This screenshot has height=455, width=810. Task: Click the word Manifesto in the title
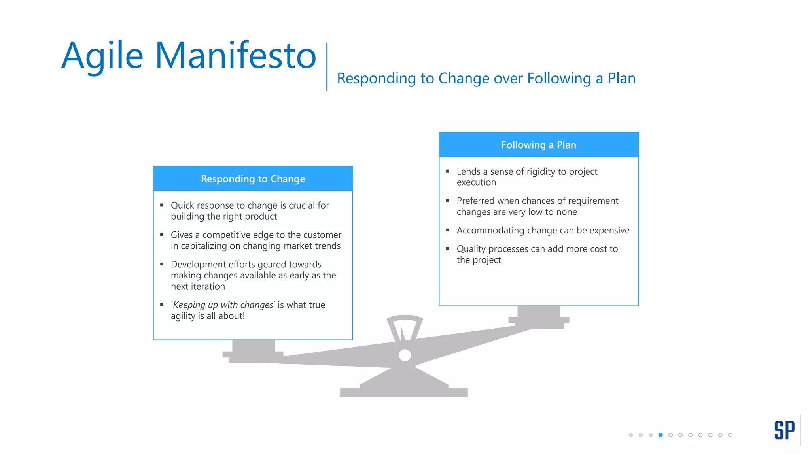pyautogui.click(x=236, y=55)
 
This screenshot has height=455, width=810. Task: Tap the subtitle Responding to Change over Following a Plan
pyautogui.click(x=486, y=78)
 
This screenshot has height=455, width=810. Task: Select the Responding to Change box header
pyautogui.click(x=253, y=179)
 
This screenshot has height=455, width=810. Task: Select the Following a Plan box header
pyautogui.click(x=538, y=145)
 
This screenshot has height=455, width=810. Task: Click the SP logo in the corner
pyautogui.click(x=784, y=430)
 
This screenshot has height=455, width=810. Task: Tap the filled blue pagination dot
pyautogui.click(x=660, y=435)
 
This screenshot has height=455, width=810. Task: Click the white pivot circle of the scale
pyautogui.click(x=405, y=355)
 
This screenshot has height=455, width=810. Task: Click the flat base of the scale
pyautogui.click(x=404, y=392)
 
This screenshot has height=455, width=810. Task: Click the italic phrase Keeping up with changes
pyautogui.click(x=223, y=305)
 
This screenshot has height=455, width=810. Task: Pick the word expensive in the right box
pyautogui.click(x=609, y=230)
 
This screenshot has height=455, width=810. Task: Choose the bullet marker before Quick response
pyautogui.click(x=162, y=205)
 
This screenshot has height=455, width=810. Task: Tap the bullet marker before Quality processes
pyautogui.click(x=448, y=248)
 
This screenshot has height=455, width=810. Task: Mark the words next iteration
pyautogui.click(x=198, y=286)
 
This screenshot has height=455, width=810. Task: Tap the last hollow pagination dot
pyautogui.click(x=730, y=435)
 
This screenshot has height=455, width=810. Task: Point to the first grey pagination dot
pyautogui.click(x=630, y=435)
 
